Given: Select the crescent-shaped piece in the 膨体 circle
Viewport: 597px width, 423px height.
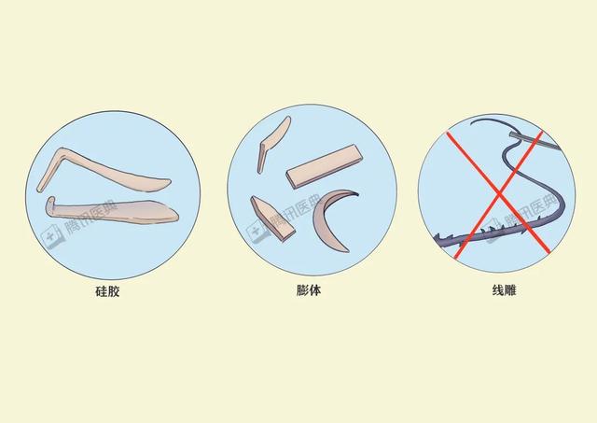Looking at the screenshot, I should (x=326, y=224).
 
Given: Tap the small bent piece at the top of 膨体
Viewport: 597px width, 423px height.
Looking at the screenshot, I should (x=274, y=140).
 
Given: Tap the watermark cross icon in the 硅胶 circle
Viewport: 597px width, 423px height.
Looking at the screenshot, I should (x=53, y=235).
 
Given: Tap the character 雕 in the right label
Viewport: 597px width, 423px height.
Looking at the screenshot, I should (x=512, y=291).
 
